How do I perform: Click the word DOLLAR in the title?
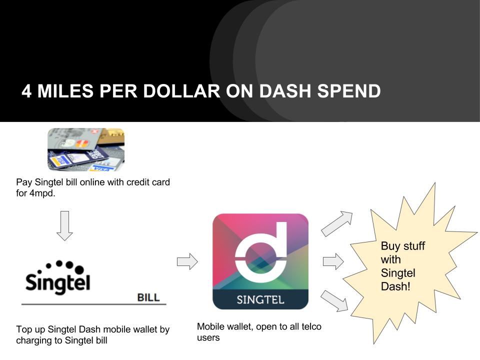tap(181, 91)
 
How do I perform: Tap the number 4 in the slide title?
tap(26, 91)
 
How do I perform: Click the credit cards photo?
tap(86, 149)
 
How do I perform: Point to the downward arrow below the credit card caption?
tap(64, 225)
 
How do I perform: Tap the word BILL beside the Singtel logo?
tap(148, 297)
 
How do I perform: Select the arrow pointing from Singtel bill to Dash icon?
tap(187, 261)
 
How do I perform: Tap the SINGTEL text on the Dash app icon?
tap(260, 299)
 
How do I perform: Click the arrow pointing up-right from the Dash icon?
tap(337, 223)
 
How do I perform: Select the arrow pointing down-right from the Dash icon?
tap(334, 301)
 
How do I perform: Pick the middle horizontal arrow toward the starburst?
tap(333, 261)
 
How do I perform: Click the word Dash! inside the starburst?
tap(395, 286)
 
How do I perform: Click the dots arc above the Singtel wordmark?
tap(60, 267)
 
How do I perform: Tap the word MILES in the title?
tap(65, 91)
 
